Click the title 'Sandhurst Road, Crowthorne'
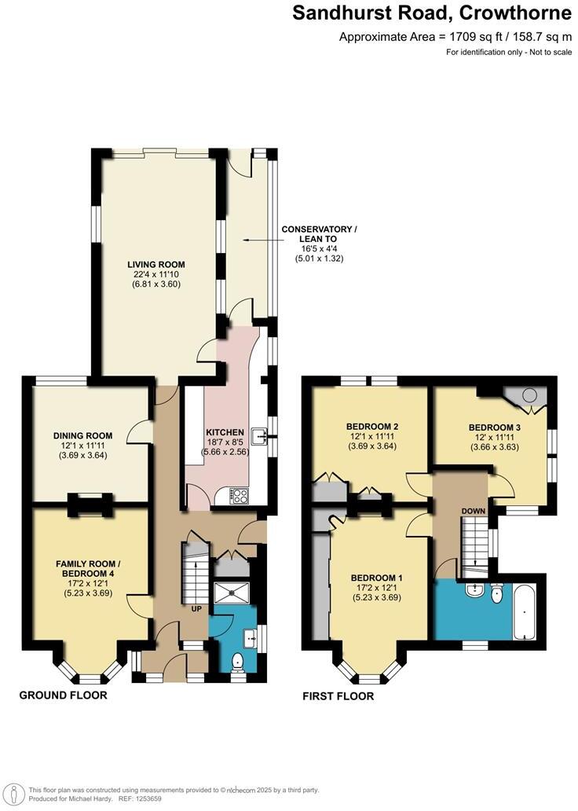pyautogui.click(x=432, y=13)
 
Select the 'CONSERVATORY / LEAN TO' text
pyautogui.click(x=319, y=234)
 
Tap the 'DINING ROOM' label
pyautogui.click(x=82, y=435)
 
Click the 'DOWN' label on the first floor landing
pyautogui.click(x=474, y=511)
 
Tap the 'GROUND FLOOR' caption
pyautogui.click(x=63, y=695)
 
